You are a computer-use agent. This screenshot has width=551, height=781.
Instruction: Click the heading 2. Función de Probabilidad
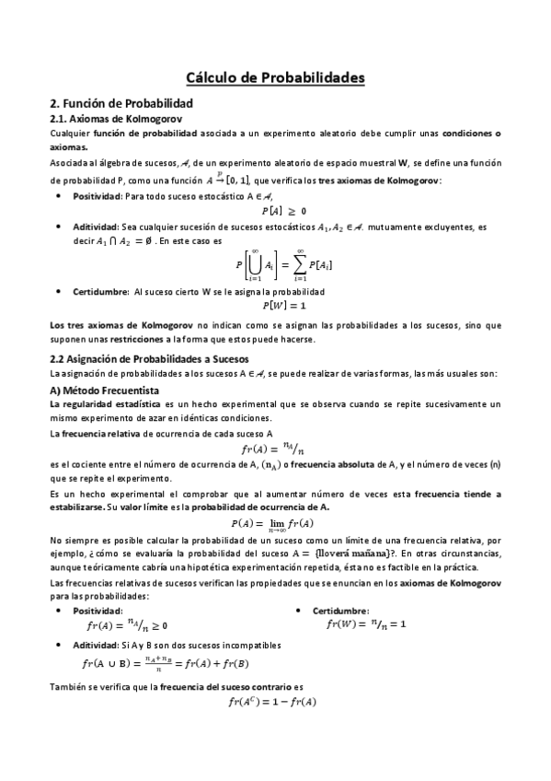click(x=120, y=104)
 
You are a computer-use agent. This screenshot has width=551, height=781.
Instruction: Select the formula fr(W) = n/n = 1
click(x=366, y=624)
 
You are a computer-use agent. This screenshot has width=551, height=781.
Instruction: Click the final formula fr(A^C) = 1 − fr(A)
click(x=272, y=703)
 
